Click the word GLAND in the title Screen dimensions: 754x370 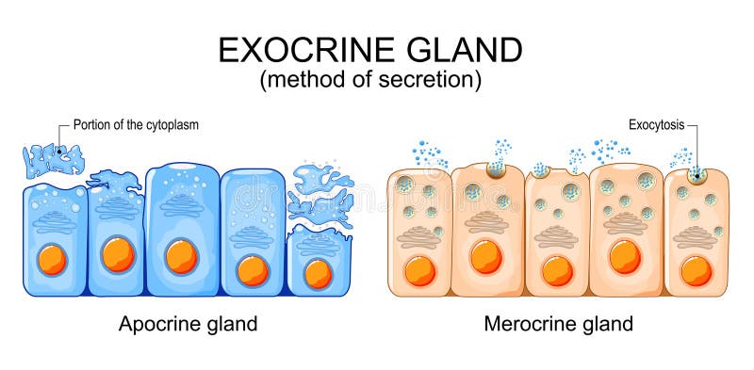pos(471,49)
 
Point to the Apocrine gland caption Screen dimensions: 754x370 pos(188,325)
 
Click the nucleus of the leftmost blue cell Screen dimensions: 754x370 pos(52,260)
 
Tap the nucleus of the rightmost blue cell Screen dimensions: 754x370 pos(319,273)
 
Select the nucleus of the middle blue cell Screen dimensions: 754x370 pos(180,255)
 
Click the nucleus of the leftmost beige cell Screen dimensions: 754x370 pos(419,271)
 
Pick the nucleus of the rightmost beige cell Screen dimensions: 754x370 pos(696,271)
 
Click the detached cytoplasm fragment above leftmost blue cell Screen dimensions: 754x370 pos(52,160)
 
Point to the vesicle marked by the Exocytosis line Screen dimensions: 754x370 pos(698,174)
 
